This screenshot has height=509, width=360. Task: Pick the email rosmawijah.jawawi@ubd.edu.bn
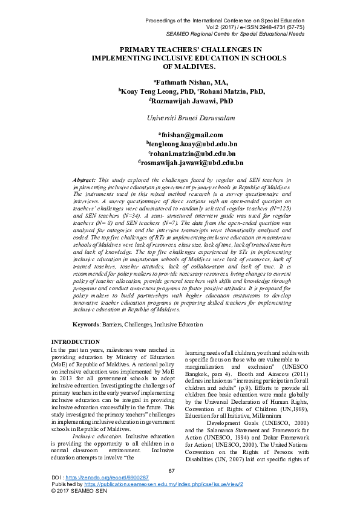(x=191, y=163)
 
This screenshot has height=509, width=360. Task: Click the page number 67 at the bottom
(x=171, y=470)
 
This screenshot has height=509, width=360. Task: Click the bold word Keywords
(x=98, y=325)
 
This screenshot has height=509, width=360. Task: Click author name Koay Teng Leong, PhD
(x=151, y=91)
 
